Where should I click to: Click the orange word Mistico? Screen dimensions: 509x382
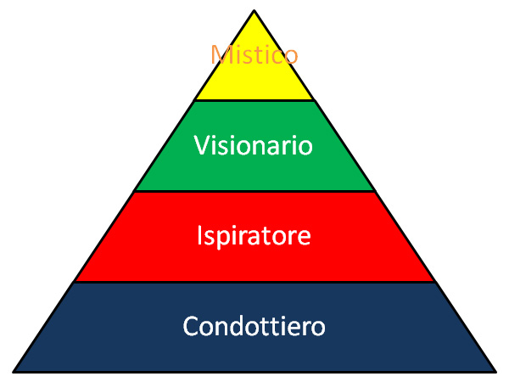coord(255,54)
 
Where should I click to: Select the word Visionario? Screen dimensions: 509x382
coord(254,145)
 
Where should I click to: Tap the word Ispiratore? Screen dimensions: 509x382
coord(254,236)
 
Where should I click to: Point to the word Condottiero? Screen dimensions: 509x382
coord(254,326)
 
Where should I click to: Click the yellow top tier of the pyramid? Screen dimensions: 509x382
coord(255,75)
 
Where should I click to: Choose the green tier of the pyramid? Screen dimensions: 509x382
coord(255,146)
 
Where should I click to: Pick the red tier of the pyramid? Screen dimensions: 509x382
coord(255,237)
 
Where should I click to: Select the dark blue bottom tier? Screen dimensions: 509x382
coord(255,328)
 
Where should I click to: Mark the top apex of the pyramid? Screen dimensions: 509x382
coord(255,11)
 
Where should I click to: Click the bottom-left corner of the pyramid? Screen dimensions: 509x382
coord(14,372)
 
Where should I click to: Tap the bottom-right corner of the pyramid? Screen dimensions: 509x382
coord(495,372)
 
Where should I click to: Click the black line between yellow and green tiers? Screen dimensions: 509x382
coord(255,101)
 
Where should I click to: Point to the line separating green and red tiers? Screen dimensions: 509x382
coord(255,191)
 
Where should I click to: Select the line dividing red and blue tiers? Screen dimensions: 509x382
coord(255,283)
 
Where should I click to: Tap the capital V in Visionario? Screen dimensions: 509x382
coord(203,145)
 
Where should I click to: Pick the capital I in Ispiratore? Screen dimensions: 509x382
coord(200,235)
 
